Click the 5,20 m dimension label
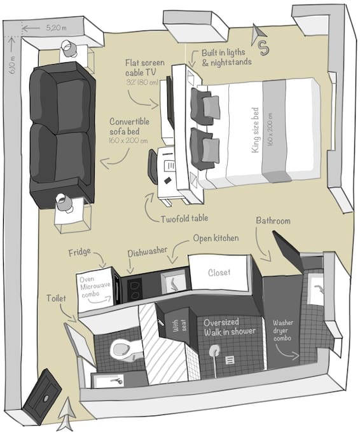pos(56,28)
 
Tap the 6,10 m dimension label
pos(13,65)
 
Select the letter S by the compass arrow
pos(264,48)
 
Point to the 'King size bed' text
pos(255,130)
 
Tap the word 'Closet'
pos(219,273)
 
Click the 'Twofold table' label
pos(184,219)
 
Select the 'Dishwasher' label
pos(147,252)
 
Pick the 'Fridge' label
pos(80,252)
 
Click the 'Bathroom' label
pos(273,220)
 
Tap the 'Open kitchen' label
pos(216,238)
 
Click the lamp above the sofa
pos(68,48)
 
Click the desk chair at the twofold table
pos(153,165)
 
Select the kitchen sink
pos(174,281)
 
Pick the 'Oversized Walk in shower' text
pos(230,327)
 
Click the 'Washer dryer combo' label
pos(282,330)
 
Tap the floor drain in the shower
pos(230,360)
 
